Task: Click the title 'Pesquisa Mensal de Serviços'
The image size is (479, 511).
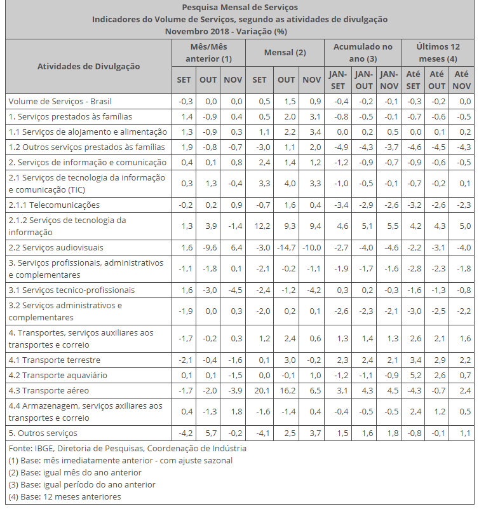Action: point(239,8)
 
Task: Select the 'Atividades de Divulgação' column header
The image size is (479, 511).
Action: point(89,66)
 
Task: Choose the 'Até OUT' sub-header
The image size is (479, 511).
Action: point(436,79)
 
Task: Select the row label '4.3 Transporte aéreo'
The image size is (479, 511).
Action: point(48,390)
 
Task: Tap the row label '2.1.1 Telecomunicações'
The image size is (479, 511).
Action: point(54,205)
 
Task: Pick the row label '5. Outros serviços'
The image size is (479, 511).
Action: point(43,433)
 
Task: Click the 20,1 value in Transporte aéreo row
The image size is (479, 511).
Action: point(259,390)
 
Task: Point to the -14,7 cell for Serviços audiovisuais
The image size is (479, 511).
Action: point(286,247)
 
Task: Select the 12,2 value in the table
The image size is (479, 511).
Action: point(259,226)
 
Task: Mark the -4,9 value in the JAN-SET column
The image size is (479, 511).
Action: point(338,147)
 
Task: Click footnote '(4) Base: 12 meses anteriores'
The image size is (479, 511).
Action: point(64,496)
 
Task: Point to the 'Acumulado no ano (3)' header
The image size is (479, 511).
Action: point(363,53)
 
